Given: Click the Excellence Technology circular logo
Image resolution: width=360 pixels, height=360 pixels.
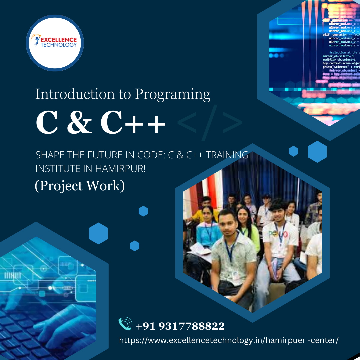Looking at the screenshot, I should point(55,43).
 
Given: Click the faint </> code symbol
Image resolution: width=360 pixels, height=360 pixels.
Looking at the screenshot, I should point(210,123).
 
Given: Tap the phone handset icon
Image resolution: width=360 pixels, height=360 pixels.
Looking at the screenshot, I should point(125,324).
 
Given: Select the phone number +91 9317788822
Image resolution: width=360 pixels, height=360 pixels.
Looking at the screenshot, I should point(180,326).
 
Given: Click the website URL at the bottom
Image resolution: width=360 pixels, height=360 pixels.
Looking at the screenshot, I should point(229,340).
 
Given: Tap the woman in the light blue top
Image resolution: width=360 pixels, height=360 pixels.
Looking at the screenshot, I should point(208,227).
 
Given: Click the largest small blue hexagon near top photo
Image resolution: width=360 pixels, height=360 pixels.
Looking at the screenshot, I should point(317,152).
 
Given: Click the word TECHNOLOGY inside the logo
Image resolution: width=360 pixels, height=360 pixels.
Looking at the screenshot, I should point(59,45).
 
